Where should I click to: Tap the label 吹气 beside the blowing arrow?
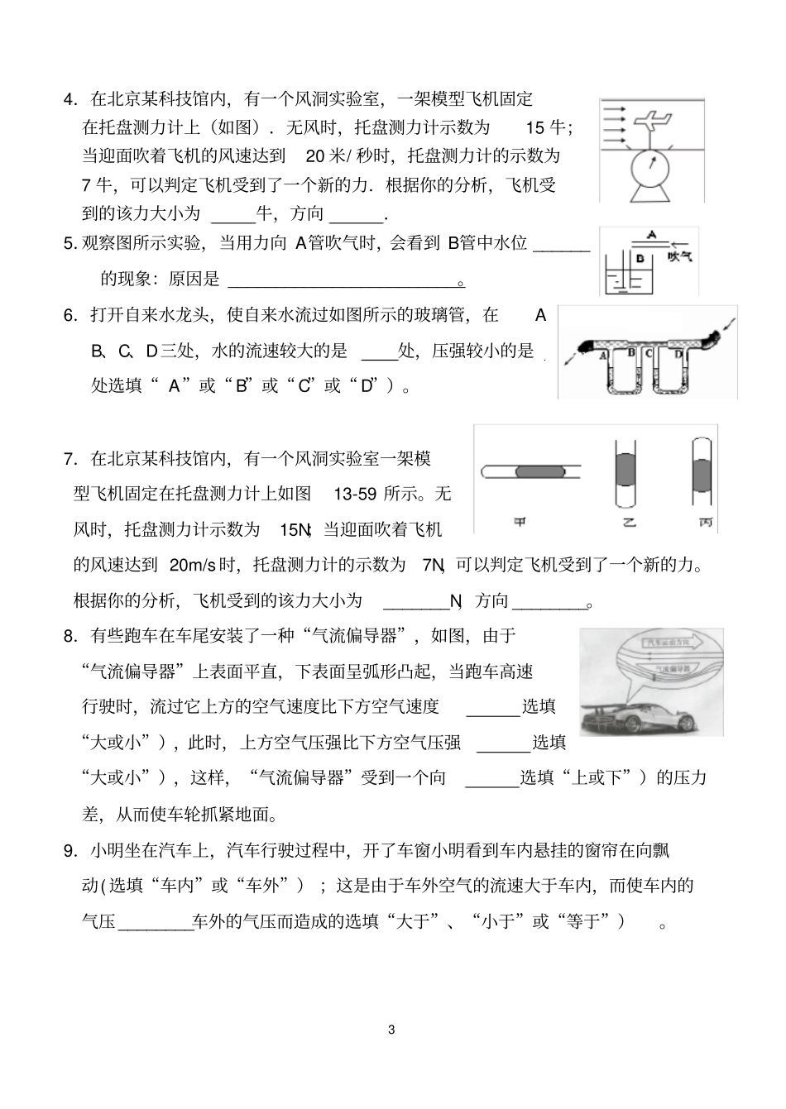coord(680,257)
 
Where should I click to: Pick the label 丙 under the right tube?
coord(704,522)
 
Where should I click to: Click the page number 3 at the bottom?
coord(392,1030)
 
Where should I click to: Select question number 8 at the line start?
coord(70,636)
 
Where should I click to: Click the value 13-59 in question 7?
coord(355,495)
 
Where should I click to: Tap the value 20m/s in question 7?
coord(192,566)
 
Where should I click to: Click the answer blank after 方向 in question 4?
coord(357,215)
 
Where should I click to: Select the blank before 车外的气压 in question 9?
coord(156,921)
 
